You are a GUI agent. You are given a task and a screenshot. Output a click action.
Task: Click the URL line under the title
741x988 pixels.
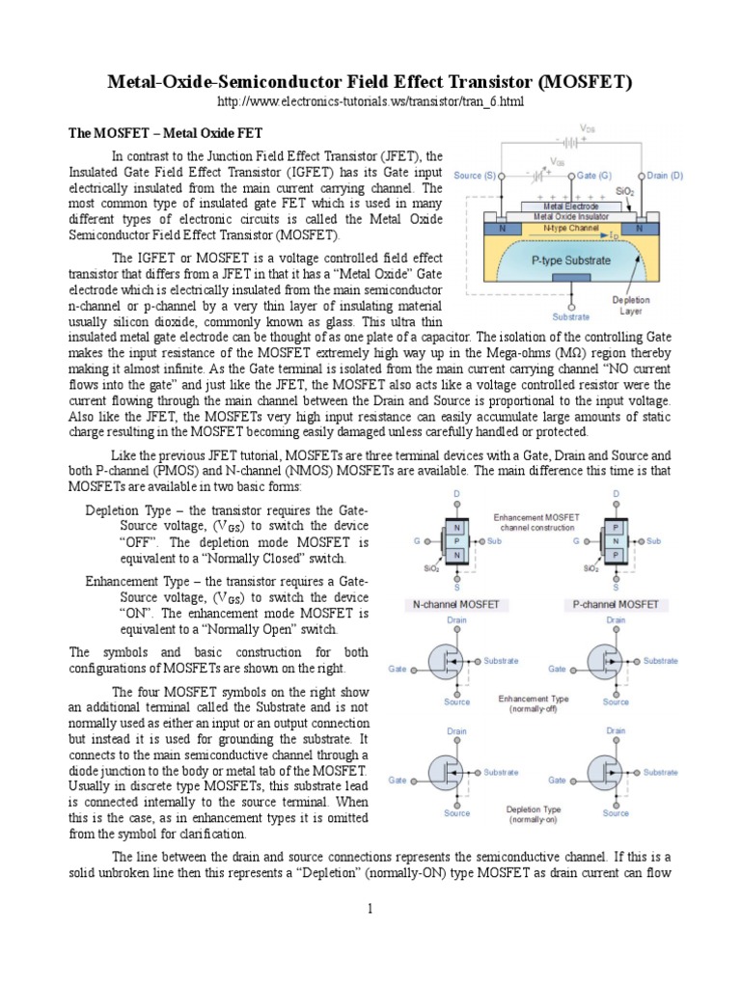[x=370, y=102]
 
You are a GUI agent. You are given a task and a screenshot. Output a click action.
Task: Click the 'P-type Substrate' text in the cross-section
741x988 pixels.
[x=571, y=261]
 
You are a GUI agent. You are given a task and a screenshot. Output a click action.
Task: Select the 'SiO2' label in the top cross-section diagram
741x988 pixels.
[x=625, y=192]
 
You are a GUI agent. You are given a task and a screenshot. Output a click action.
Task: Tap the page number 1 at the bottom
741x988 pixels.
[x=370, y=909]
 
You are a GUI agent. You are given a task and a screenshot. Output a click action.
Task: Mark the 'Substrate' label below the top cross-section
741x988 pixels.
[x=571, y=316]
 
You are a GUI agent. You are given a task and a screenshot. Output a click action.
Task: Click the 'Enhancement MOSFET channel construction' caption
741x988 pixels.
[x=536, y=522]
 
